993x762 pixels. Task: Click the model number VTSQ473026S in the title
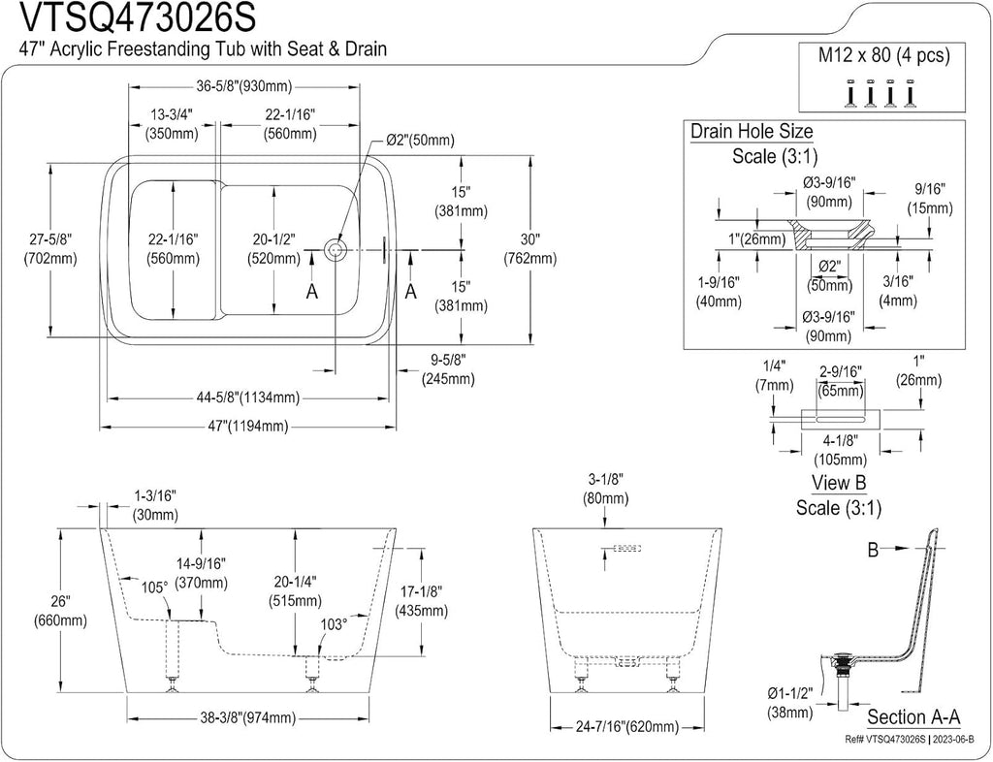pyautogui.click(x=139, y=17)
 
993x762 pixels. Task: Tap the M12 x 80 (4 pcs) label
pyautogui.click(x=884, y=55)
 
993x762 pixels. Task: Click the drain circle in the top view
pyautogui.click(x=334, y=250)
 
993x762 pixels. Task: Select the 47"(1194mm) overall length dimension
pyautogui.click(x=246, y=426)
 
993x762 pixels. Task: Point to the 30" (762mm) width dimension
pyautogui.click(x=530, y=249)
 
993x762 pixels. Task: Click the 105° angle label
pyautogui.click(x=154, y=587)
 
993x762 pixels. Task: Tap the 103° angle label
pyautogui.click(x=334, y=624)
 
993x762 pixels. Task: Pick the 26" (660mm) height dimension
pyautogui.click(x=60, y=610)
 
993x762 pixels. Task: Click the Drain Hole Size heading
pyautogui.click(x=752, y=132)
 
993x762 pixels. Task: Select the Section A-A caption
pyautogui.click(x=913, y=717)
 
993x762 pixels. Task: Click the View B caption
pyautogui.click(x=839, y=483)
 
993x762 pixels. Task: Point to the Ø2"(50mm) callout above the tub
pyautogui.click(x=421, y=140)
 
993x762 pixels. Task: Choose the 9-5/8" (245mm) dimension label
pyautogui.click(x=448, y=369)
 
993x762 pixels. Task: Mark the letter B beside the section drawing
pyautogui.click(x=873, y=550)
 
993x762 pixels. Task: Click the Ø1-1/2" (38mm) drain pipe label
pyautogui.click(x=789, y=703)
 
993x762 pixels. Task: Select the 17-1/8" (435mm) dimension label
pyautogui.click(x=421, y=601)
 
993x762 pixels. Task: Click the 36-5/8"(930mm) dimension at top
pyautogui.click(x=243, y=86)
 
